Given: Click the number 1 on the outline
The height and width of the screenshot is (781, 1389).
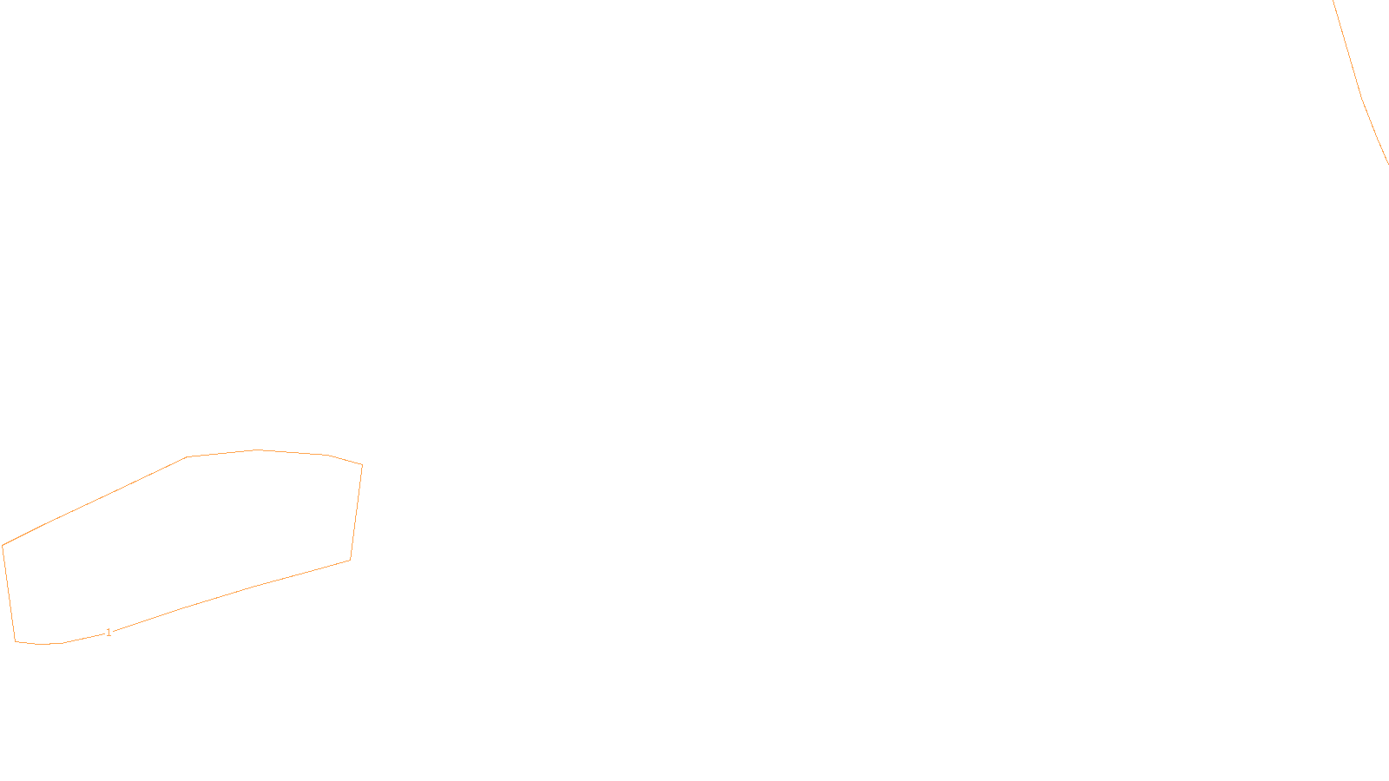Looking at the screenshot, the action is [x=109, y=633].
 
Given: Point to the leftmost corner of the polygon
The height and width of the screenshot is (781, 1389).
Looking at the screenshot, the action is [x=3, y=546].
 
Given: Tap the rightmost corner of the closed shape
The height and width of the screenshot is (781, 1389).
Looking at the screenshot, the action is [x=362, y=465].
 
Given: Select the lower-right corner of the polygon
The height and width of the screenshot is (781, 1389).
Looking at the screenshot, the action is [x=351, y=561].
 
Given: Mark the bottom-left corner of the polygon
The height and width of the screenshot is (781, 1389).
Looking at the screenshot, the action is [x=16, y=641].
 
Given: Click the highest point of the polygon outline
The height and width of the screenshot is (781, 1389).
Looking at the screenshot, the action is [x=257, y=450].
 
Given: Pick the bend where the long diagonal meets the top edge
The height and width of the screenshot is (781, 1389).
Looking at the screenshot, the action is [x=187, y=456].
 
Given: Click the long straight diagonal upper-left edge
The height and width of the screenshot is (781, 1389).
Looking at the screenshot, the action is [x=95, y=501].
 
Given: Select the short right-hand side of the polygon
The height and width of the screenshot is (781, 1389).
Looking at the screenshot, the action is [x=357, y=513].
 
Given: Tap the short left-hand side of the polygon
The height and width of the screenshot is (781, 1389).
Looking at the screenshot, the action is [x=9, y=594].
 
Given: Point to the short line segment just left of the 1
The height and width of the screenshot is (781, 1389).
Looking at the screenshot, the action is [x=83, y=639].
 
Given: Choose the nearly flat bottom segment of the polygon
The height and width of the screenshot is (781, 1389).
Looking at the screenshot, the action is [x=38, y=643].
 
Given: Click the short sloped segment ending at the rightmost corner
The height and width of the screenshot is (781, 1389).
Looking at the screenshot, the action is [x=344, y=460].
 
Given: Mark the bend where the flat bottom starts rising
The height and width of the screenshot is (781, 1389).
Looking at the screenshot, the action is [x=62, y=643].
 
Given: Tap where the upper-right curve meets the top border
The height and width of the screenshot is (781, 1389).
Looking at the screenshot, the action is [x=1333, y=1].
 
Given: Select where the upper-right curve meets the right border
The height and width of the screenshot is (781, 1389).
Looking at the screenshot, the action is [x=1388, y=164].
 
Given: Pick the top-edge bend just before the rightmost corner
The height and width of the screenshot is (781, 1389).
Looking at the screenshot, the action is [x=326, y=455].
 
